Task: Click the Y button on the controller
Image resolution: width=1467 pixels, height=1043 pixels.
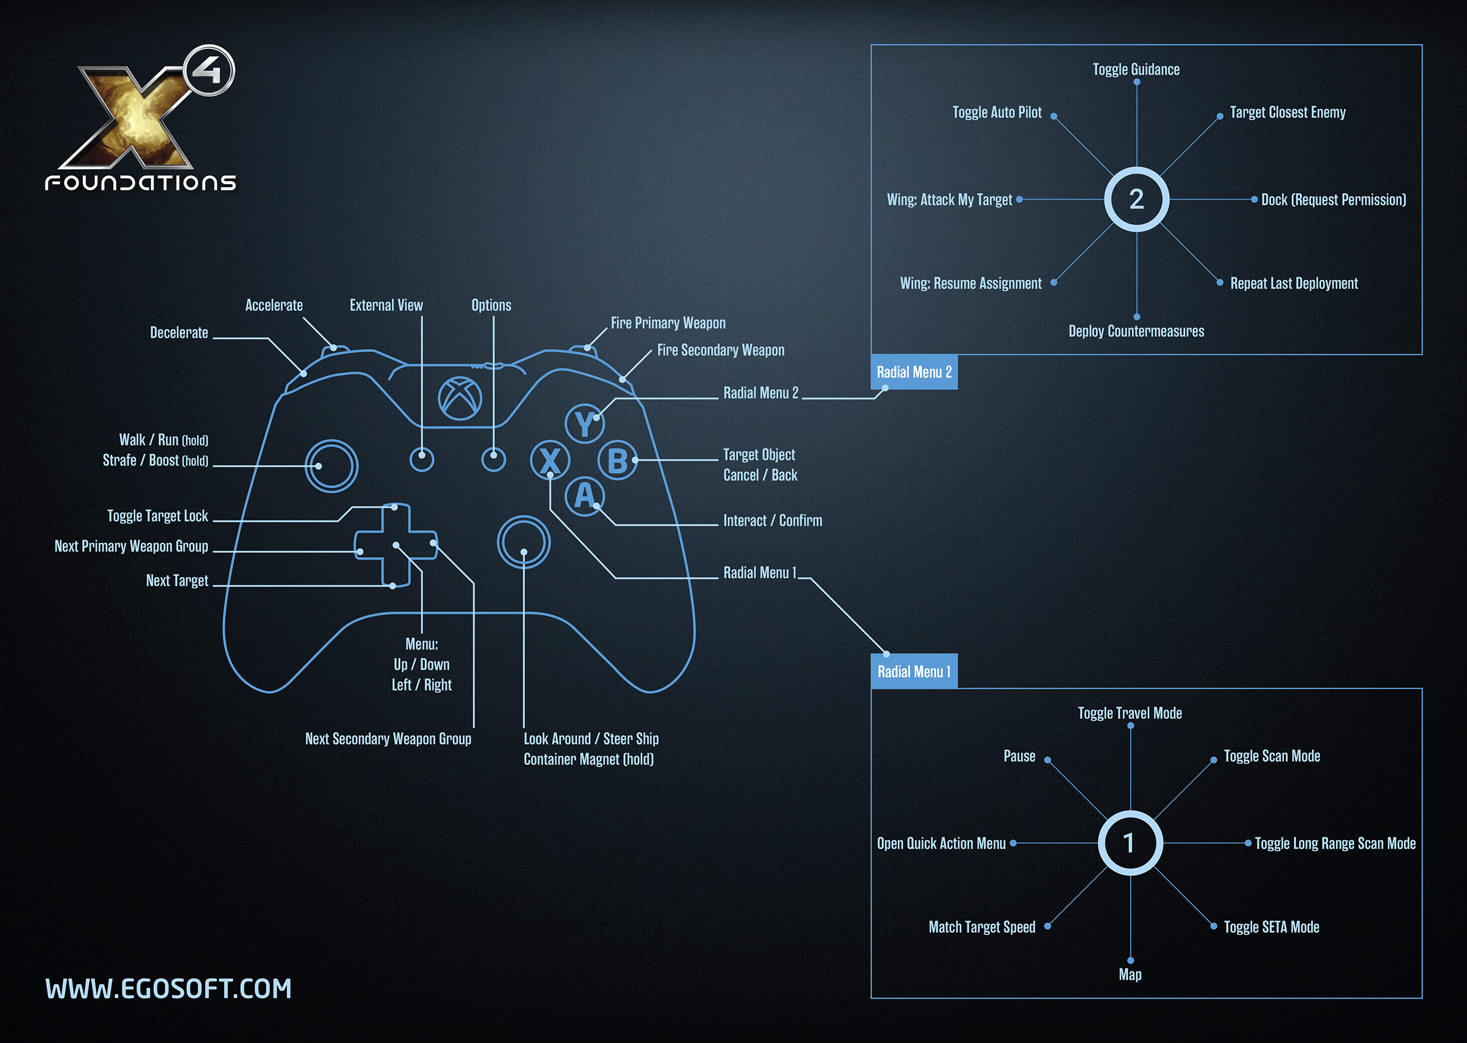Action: [x=584, y=423]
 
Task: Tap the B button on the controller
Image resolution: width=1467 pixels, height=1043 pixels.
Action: [x=617, y=460]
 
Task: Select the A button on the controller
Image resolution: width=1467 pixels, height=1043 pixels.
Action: [x=584, y=496]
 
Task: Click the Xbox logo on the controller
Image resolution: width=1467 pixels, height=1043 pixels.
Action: [x=460, y=398]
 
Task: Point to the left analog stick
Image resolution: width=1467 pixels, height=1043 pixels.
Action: [x=332, y=466]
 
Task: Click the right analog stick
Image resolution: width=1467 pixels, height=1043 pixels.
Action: [x=524, y=542]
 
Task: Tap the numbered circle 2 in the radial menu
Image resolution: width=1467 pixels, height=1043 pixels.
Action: [x=1136, y=199]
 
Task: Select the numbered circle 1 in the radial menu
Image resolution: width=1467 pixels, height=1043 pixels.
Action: [x=1129, y=843]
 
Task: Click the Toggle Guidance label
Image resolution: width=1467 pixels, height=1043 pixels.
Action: [x=1135, y=69]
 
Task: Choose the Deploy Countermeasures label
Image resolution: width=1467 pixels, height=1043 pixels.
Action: [x=1135, y=332]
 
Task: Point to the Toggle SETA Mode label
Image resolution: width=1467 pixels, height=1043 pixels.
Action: [x=1271, y=926]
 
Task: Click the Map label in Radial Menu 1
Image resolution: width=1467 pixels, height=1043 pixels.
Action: [x=1129, y=974]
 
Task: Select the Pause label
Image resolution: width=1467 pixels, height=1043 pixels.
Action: [x=1019, y=756]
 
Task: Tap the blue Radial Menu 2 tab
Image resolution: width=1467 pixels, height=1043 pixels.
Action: [x=914, y=372]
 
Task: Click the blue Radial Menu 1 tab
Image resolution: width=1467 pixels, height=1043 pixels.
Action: [x=914, y=671]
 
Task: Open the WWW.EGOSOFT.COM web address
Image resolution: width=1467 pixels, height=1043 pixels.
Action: [x=169, y=989]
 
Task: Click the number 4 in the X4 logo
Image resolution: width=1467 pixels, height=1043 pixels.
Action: [x=209, y=70]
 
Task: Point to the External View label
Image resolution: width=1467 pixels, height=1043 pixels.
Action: [x=385, y=305]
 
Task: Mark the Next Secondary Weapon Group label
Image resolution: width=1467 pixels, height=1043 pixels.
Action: [x=388, y=739]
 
